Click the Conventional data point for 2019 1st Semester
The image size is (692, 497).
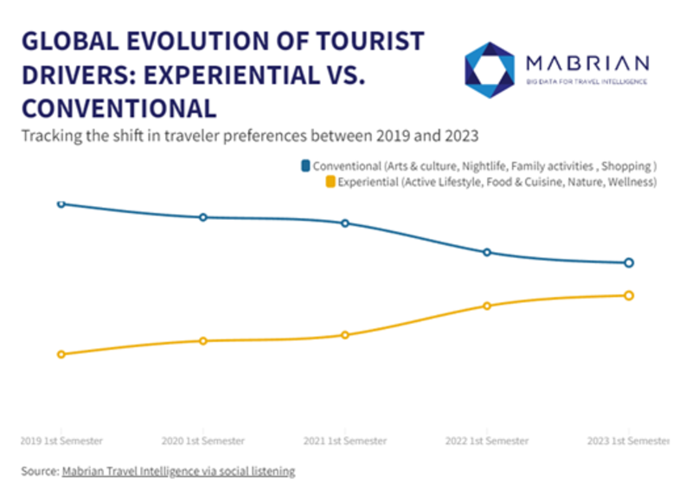point(61,203)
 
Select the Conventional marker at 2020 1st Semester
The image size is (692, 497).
point(203,217)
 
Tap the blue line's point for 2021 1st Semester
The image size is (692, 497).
point(345,223)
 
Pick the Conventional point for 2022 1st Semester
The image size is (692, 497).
point(487,252)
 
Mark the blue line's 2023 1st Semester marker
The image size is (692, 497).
point(629,262)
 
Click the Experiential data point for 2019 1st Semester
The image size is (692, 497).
point(61,354)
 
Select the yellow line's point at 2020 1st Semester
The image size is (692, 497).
point(203,340)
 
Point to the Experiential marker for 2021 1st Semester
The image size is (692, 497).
point(345,334)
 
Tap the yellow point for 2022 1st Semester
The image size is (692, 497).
point(487,306)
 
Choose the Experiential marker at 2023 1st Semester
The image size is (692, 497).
point(629,295)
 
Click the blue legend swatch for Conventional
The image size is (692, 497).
point(305,165)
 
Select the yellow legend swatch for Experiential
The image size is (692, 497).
point(330,182)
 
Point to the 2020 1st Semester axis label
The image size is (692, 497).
point(203,441)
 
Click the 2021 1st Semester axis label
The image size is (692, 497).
point(345,441)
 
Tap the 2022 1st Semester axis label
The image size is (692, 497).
point(487,441)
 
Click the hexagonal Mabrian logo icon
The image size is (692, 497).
point(490,68)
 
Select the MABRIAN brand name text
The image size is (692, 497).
point(588,62)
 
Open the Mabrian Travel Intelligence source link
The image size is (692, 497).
point(178,472)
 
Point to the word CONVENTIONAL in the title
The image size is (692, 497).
point(118,108)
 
